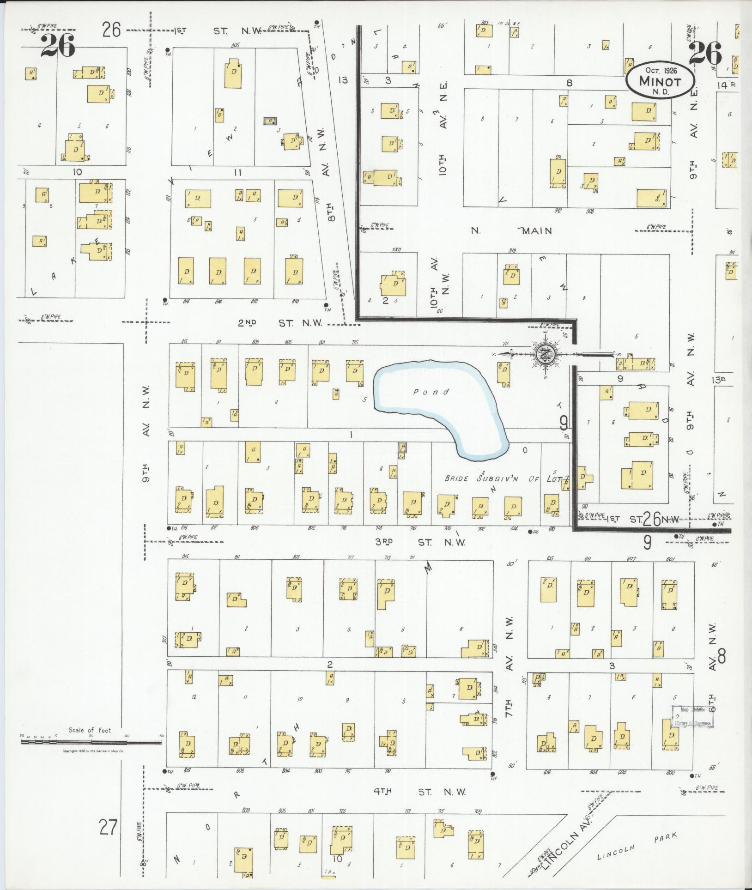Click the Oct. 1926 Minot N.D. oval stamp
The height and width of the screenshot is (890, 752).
660,79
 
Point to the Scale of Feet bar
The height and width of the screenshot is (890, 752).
91,742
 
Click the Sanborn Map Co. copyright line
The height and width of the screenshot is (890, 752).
94,751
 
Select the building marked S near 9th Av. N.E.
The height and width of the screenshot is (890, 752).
651,198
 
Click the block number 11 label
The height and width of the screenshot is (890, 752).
238,173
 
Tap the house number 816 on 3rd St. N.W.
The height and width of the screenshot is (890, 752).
184,527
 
